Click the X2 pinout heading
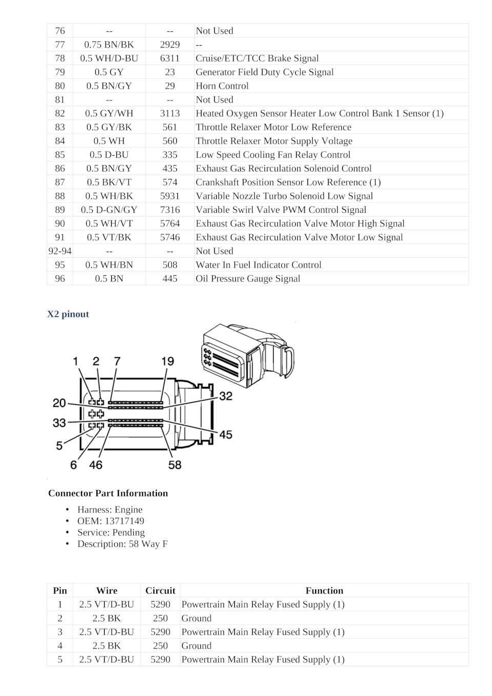(68, 314)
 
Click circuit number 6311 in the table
(170, 58)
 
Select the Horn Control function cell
(222, 86)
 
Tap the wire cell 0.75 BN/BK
(109, 45)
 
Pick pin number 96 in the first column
(60, 279)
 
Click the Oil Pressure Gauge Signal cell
(248, 279)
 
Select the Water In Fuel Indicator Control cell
(258, 265)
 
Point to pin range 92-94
(60, 251)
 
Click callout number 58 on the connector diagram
(175, 465)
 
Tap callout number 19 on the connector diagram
(168, 361)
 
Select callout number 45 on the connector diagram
(225, 435)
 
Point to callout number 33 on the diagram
(59, 423)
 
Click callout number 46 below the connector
(96, 465)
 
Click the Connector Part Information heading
(108, 494)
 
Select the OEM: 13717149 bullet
(111, 521)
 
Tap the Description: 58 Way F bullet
(122, 544)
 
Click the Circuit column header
(160, 590)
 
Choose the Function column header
(324, 590)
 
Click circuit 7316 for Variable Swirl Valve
(170, 210)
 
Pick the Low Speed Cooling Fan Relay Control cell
(273, 155)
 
